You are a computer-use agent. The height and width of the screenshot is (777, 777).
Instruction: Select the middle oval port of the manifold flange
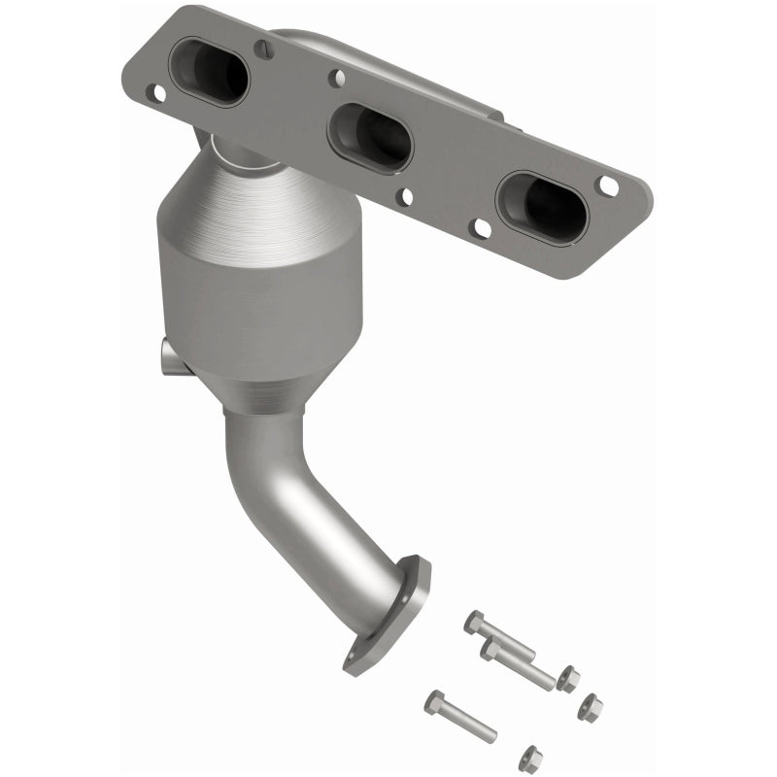coord(370,137)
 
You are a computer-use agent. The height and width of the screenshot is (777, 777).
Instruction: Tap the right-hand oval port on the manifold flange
coord(541,208)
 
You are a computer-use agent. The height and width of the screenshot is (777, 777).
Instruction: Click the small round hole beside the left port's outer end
coord(155,92)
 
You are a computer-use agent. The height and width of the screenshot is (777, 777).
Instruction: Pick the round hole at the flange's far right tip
coord(608,185)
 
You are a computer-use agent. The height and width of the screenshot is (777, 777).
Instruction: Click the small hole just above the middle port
coord(335,79)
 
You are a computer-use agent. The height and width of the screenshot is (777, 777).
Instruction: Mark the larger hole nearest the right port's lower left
coord(480,228)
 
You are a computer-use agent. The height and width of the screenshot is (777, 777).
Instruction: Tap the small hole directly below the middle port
coord(405,197)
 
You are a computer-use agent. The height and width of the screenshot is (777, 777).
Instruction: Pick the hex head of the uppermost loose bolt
coord(474,621)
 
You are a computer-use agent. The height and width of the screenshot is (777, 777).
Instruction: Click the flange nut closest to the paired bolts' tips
coord(569,678)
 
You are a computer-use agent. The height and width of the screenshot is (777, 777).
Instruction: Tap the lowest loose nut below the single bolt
coord(530,757)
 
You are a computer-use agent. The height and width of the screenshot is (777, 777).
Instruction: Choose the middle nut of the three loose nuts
coord(589,708)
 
